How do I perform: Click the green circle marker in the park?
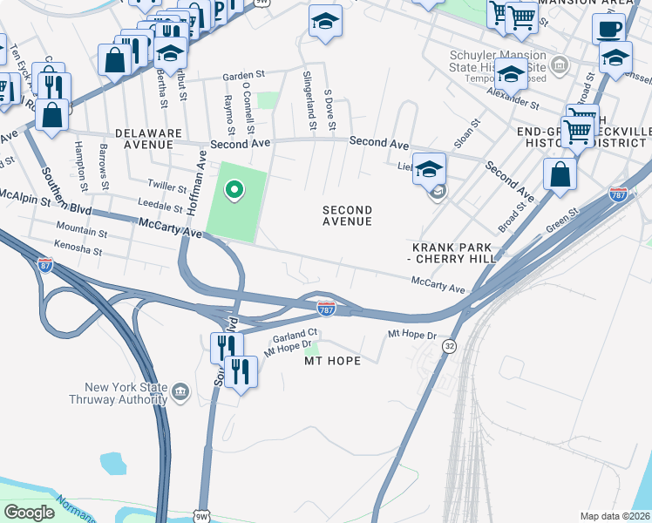(233, 189)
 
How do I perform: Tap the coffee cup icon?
(608, 28)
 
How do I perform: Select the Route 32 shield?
(449, 346)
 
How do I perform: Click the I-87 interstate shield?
(45, 265)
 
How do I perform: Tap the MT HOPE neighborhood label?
(330, 360)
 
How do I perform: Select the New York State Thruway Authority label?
(119, 394)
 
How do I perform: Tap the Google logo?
(29, 513)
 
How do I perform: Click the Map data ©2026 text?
(615, 516)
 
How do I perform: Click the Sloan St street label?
(465, 136)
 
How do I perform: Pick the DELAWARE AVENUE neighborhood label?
(148, 139)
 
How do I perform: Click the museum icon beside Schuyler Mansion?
(559, 65)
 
